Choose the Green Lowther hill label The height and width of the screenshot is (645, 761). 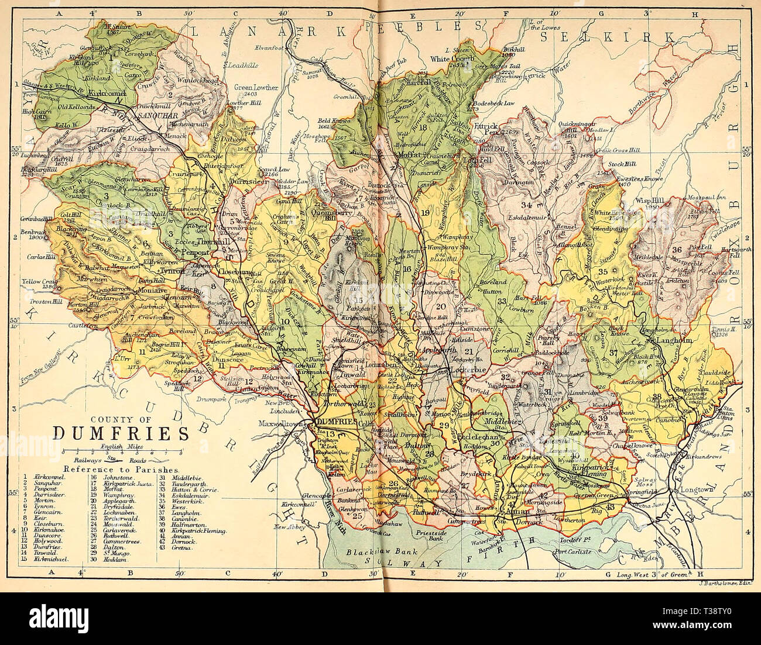point(256,87)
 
